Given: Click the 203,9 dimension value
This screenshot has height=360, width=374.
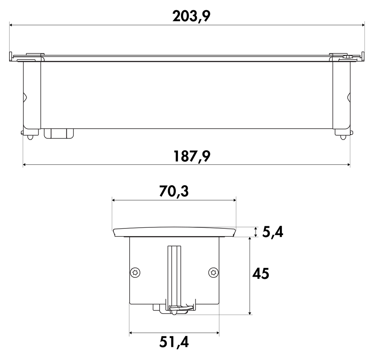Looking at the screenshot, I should pyautogui.click(x=191, y=16).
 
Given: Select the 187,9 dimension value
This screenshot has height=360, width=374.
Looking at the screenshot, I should pyautogui.click(x=191, y=156).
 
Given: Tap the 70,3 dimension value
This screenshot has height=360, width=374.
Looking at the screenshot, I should pyautogui.click(x=173, y=192).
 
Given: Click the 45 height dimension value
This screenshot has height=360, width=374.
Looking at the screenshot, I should pyautogui.click(x=261, y=273).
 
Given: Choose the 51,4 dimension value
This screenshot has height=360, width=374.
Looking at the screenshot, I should pyautogui.click(x=174, y=342).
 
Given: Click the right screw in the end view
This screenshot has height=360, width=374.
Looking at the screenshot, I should pyautogui.click(x=213, y=272).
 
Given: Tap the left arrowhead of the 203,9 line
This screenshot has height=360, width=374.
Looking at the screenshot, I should pyautogui.click(x=11, y=25).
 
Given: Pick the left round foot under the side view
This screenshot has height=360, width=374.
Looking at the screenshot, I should pyautogui.click(x=30, y=137).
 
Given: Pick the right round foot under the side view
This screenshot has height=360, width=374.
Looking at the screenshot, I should pyautogui.click(x=343, y=137).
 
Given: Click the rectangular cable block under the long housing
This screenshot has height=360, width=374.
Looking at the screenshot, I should pyautogui.click(x=59, y=133).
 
